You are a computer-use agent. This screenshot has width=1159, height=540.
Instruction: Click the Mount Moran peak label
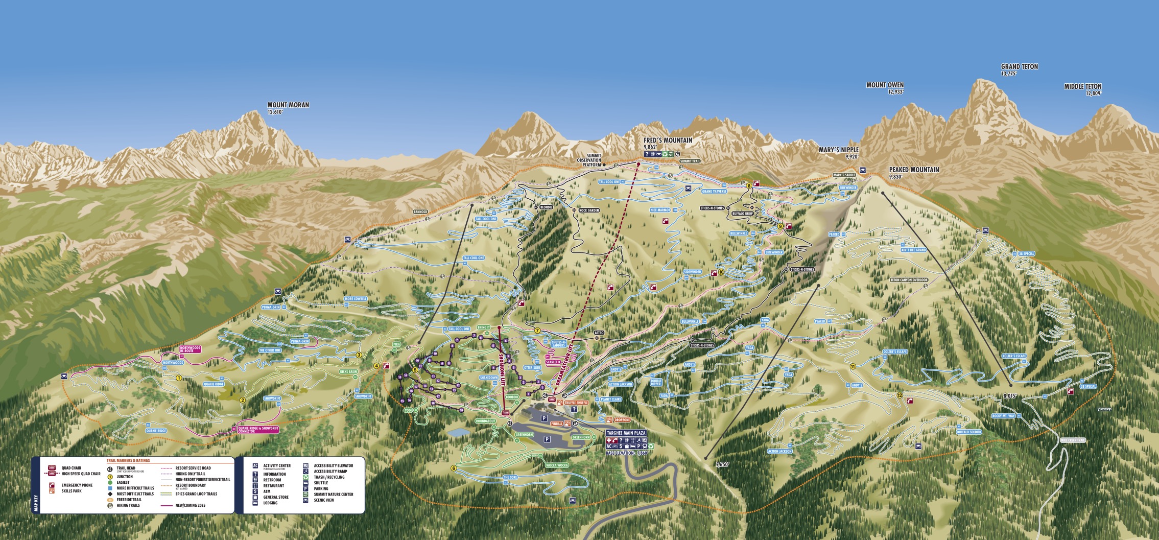pyautogui.click(x=288, y=105)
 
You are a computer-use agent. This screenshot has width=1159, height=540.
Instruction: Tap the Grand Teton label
pyautogui.click(x=1019, y=67)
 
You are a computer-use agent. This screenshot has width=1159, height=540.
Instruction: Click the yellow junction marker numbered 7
pyautogui.click(x=537, y=331)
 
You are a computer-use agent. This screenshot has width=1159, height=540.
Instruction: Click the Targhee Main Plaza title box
pyautogui.click(x=626, y=433)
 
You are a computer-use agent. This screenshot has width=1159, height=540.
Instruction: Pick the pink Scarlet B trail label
pyautogui.click(x=553, y=362)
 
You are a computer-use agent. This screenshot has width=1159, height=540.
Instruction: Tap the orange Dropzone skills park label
pyautogui.click(x=622, y=420)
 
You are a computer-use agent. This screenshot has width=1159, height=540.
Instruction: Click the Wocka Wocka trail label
pyautogui.click(x=556, y=465)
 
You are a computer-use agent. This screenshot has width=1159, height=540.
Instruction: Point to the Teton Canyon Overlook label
pyautogui.click(x=909, y=280)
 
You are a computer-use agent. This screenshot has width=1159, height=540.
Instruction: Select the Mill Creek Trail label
pyautogui.click(x=1073, y=440)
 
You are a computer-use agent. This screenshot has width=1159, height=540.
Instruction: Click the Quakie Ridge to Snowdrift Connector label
pyautogui.click(x=258, y=430)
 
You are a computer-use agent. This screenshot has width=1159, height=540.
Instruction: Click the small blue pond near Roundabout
pyautogui.click(x=458, y=432)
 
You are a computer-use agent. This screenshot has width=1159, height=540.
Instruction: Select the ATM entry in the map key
pyautogui.click(x=267, y=491)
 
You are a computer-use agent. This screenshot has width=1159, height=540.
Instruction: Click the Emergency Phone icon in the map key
pyautogui.click(x=52, y=485)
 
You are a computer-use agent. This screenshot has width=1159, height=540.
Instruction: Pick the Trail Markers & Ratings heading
pyautogui.click(x=128, y=460)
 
